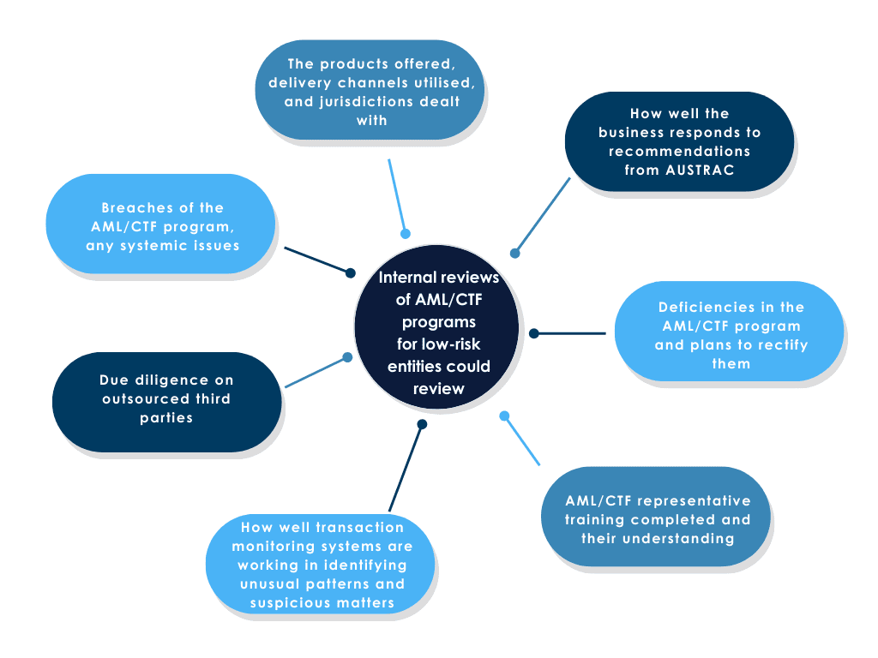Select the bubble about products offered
tap(370, 91)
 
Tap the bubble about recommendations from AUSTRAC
tap(679, 141)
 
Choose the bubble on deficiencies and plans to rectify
tap(730, 334)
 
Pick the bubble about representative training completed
tap(657, 519)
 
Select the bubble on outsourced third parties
tap(166, 398)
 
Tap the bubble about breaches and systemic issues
tap(161, 226)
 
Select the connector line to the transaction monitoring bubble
tap(405, 468)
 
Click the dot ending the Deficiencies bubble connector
tap(532, 333)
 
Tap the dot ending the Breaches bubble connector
tap(350, 273)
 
